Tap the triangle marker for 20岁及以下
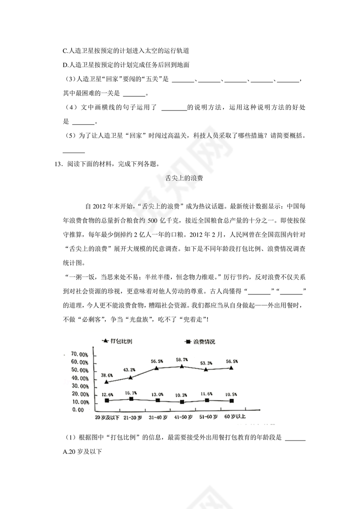coord(107,382)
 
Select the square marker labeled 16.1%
coord(131,398)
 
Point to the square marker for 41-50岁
coord(182,402)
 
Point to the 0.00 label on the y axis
coord(78,409)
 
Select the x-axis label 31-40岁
coord(157,417)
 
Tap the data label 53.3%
coord(206,363)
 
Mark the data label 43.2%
coord(129,370)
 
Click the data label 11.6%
coord(206,393)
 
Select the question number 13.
coord(55,164)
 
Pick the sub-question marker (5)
coord(69,136)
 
